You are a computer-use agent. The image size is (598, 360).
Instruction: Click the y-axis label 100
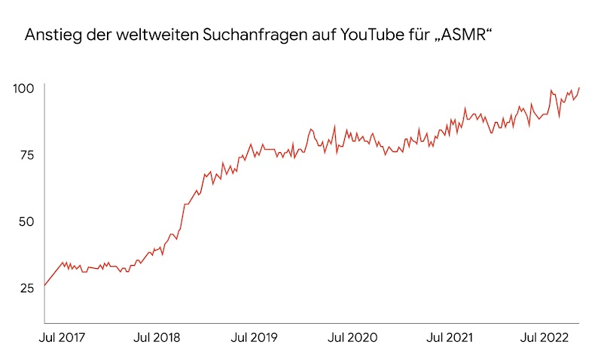23,89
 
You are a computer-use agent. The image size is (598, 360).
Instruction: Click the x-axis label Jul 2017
61,338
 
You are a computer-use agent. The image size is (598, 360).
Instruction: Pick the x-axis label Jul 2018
157,338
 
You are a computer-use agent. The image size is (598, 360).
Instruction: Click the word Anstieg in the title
50,35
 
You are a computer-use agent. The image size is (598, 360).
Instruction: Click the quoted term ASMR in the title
466,35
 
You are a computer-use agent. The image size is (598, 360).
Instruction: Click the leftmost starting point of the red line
44,285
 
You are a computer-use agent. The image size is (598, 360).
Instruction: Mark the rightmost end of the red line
579,87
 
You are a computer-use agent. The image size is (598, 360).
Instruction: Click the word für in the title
423,35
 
